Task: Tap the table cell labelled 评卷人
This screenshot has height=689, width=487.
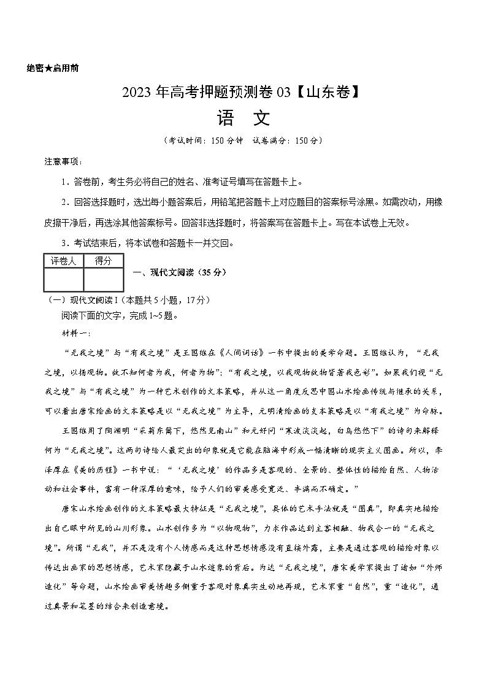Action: pos(63,261)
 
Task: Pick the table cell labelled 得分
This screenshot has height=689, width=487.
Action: pos(103,261)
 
